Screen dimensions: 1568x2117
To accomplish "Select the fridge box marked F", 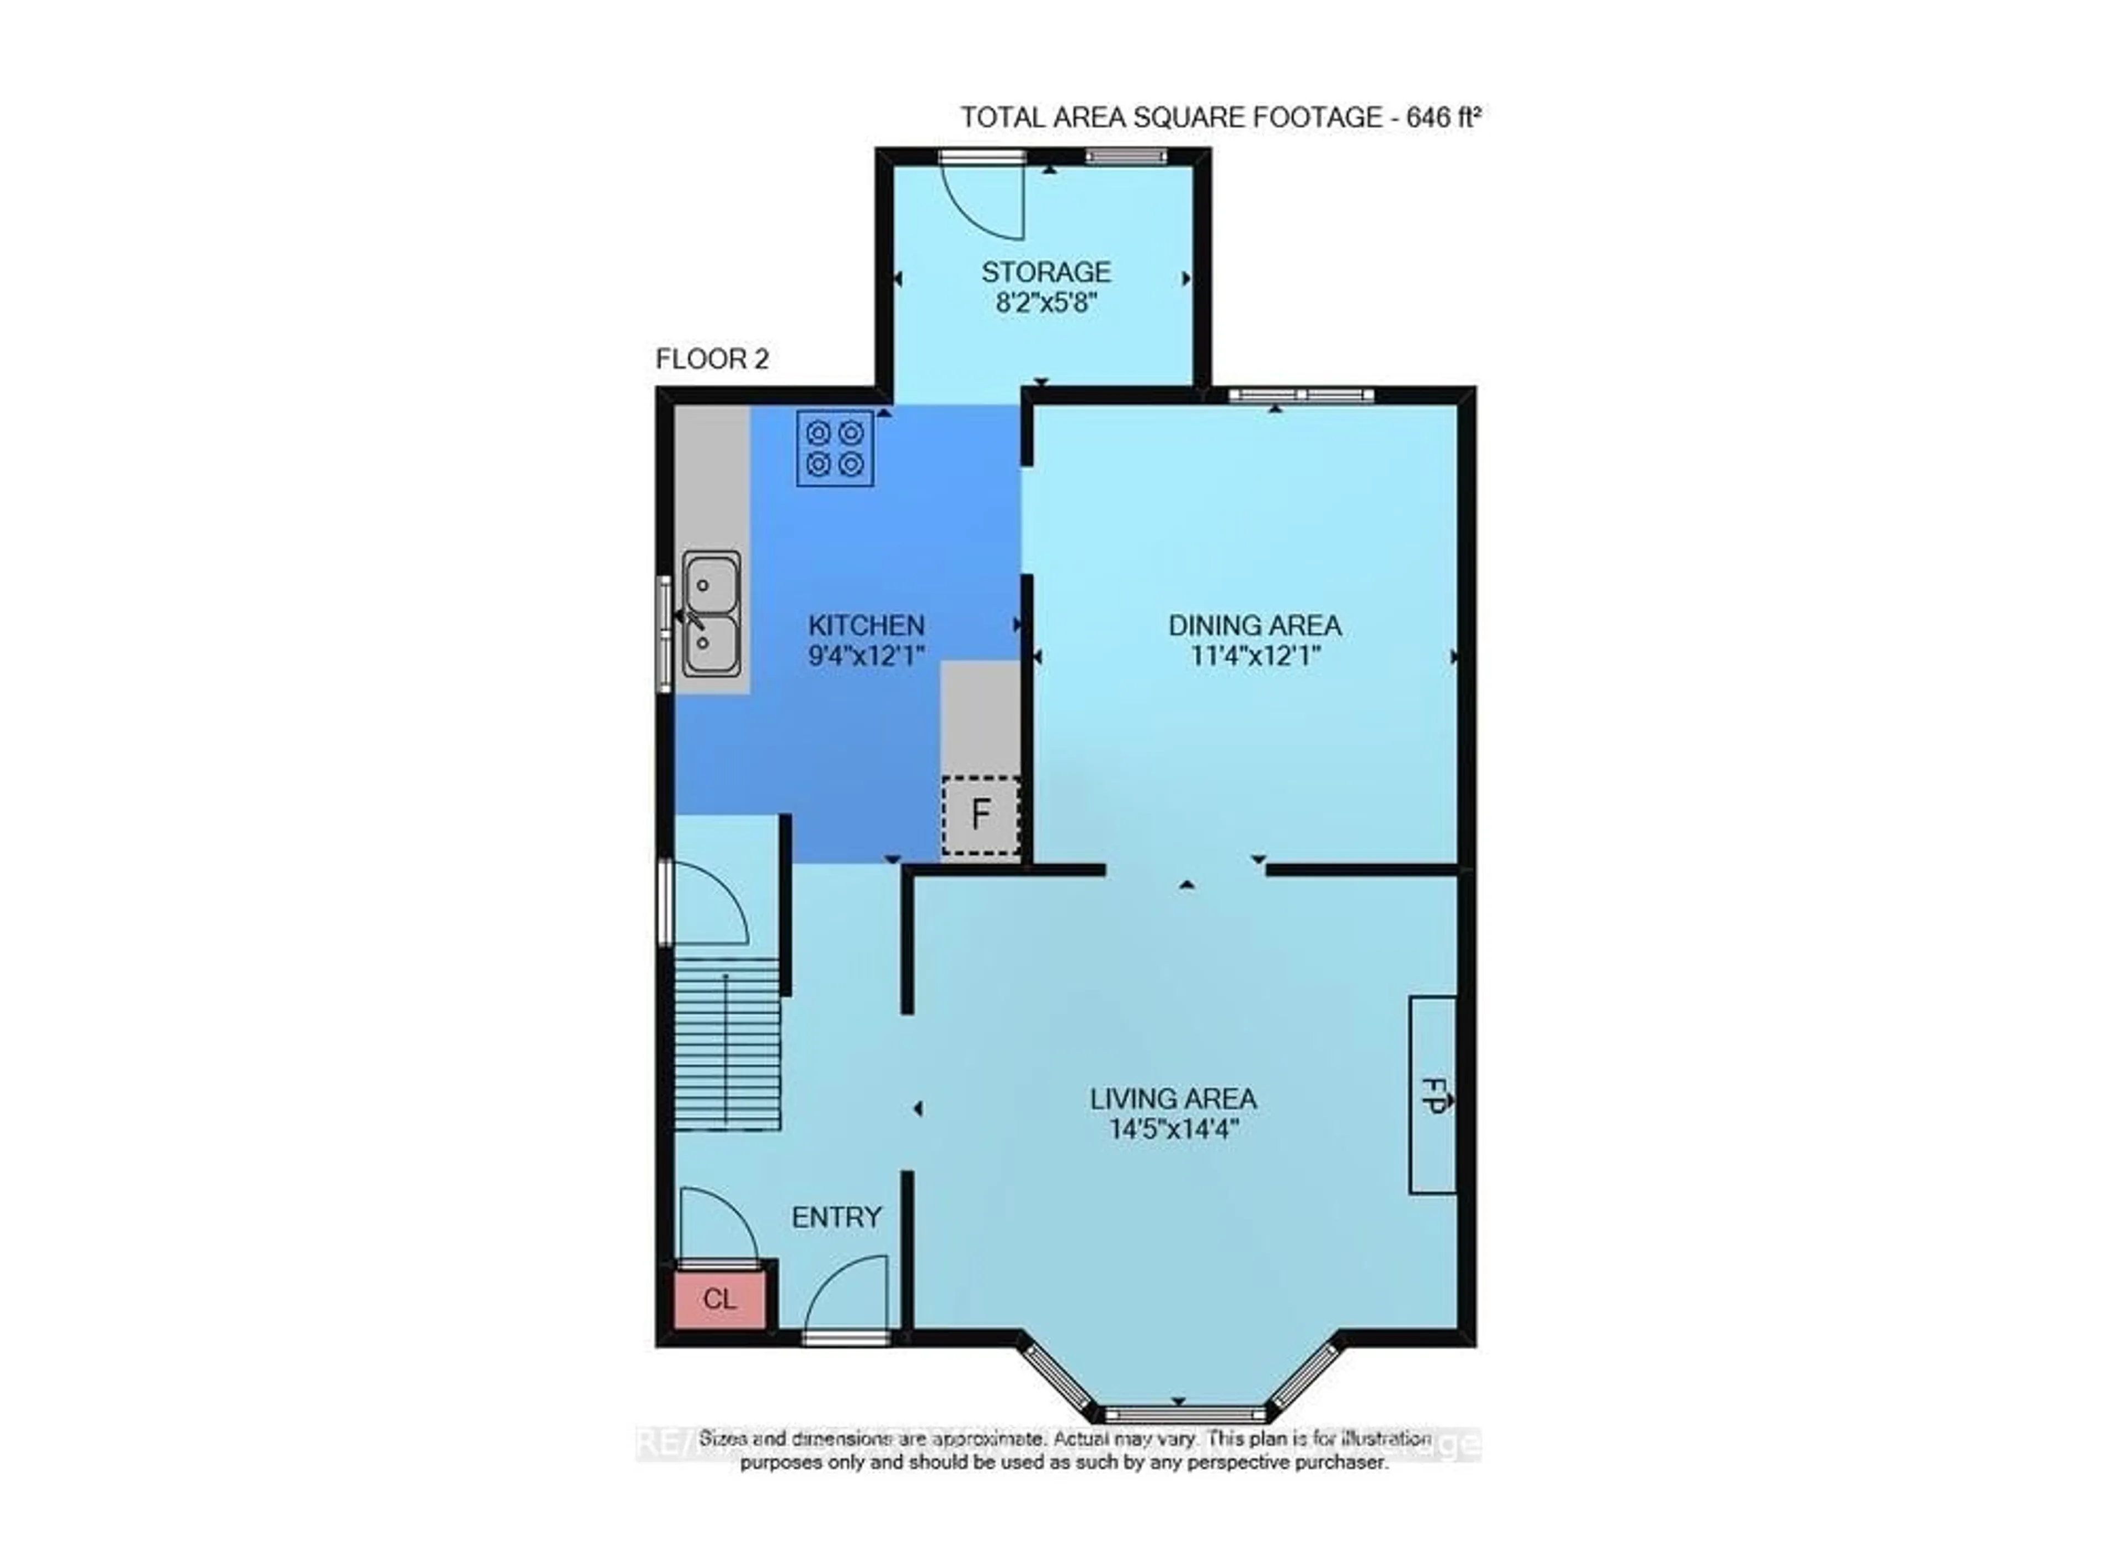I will pos(981,815).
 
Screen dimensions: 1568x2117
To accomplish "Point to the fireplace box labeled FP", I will pos(1432,1093).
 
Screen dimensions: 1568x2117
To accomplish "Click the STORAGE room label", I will pos(1045,272).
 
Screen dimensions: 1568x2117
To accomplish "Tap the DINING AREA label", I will pos(1254,626).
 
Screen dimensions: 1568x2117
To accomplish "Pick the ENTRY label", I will pos(836,1217).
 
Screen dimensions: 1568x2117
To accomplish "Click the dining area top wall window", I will pos(1301,395).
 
